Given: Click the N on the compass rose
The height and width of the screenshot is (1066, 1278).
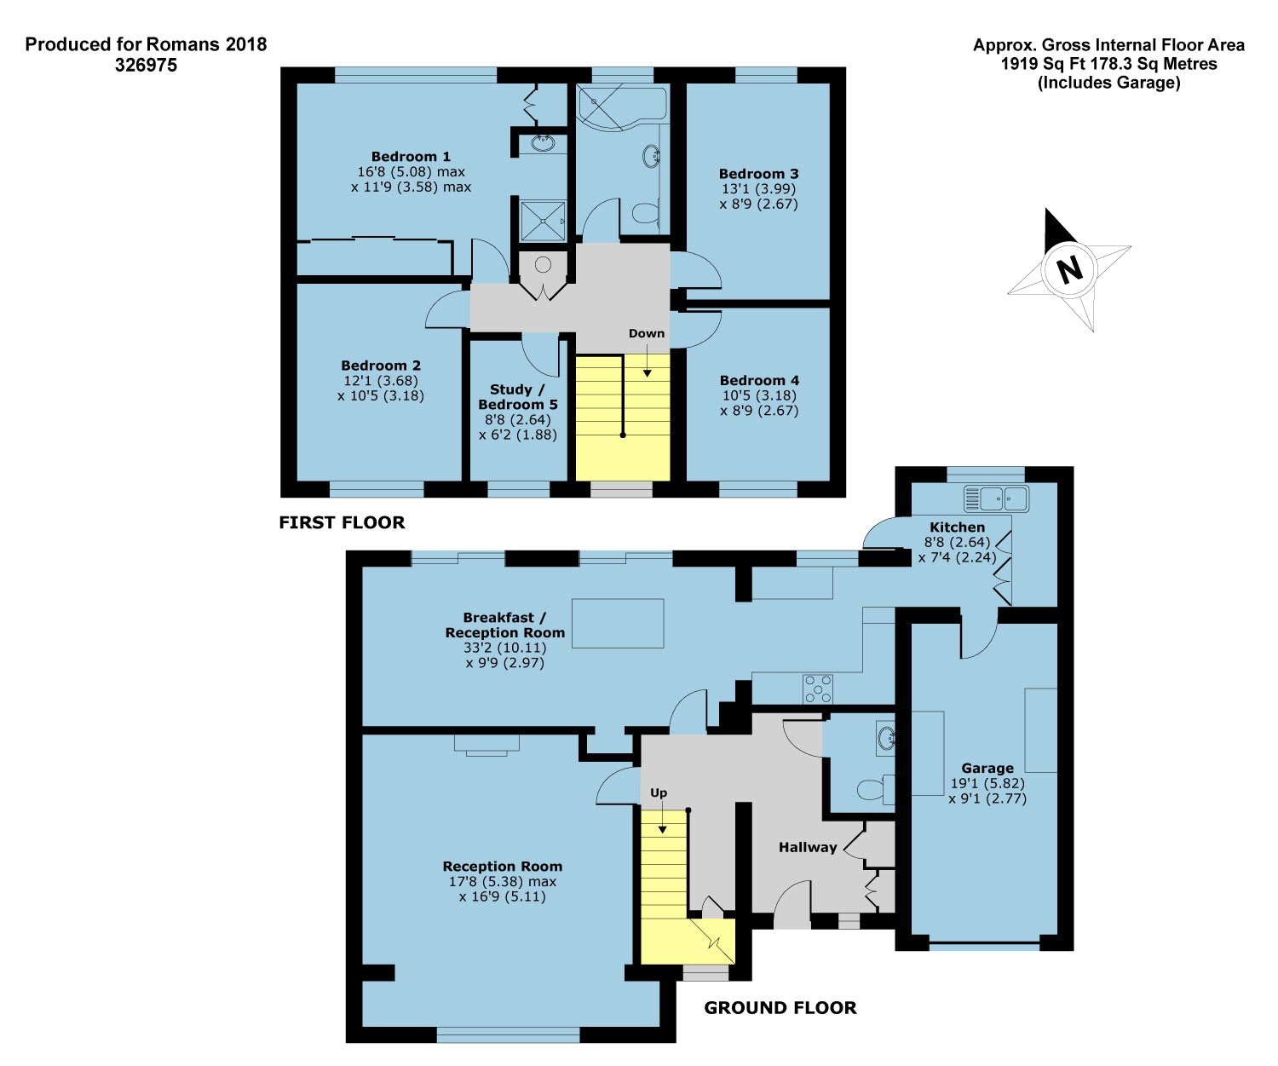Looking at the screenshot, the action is pyautogui.click(x=1069, y=268).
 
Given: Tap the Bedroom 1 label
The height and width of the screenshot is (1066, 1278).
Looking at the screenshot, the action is pyautogui.click(x=411, y=157).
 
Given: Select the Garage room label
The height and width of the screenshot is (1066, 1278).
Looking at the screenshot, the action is pyautogui.click(x=987, y=768).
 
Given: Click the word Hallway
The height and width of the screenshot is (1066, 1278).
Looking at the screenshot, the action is pyautogui.click(x=808, y=847).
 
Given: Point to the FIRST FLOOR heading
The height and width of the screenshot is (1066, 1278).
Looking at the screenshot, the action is pyautogui.click(x=342, y=522).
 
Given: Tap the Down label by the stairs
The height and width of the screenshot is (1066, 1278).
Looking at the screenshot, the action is pyautogui.click(x=647, y=333).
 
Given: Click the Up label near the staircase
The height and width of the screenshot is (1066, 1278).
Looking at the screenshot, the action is pyautogui.click(x=659, y=792).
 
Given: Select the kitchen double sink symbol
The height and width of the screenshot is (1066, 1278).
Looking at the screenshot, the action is pyautogui.click(x=996, y=499).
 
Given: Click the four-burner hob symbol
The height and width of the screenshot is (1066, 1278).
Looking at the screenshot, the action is pyautogui.click(x=818, y=689).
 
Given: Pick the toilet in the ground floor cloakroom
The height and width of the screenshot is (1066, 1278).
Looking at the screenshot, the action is pyautogui.click(x=876, y=789).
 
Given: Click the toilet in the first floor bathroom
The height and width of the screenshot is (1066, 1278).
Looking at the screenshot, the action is pyautogui.click(x=645, y=213).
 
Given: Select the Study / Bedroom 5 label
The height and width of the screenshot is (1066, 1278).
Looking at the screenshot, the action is pyautogui.click(x=517, y=397).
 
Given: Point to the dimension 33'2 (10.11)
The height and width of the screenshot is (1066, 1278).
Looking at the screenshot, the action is pyautogui.click(x=505, y=648).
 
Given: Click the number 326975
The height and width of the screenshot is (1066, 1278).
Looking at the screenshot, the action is pyautogui.click(x=146, y=65).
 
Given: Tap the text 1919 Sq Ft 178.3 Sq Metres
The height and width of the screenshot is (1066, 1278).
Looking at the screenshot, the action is pyautogui.click(x=1108, y=64).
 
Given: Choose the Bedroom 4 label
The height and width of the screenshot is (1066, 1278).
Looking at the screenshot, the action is pyautogui.click(x=759, y=380).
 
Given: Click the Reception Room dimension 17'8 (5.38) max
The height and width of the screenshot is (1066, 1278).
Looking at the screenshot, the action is pyautogui.click(x=503, y=881).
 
